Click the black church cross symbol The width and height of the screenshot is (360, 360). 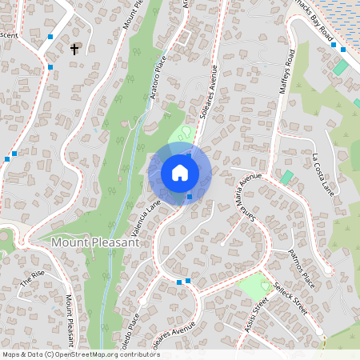pyautogui.click(x=74, y=50)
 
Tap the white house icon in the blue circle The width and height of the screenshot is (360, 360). pyautogui.click(x=180, y=173)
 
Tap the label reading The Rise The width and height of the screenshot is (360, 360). pyautogui.click(x=34, y=278)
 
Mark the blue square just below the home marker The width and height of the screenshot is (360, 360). pyautogui.click(x=189, y=197)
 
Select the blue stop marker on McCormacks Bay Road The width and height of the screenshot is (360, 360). pyautogui.click(x=342, y=50)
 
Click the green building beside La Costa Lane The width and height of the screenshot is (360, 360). pyautogui.click(x=287, y=177)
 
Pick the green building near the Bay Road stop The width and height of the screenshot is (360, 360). pyautogui.click(x=340, y=67)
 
